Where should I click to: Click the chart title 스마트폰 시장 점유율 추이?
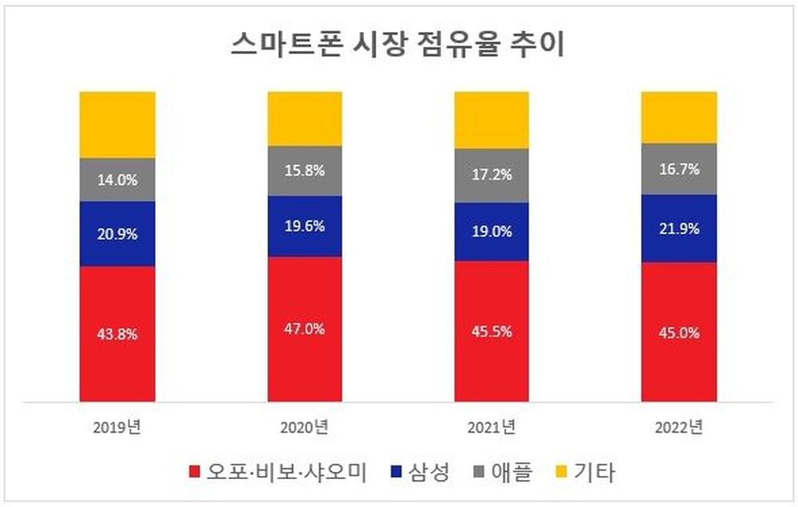pyautogui.click(x=397, y=45)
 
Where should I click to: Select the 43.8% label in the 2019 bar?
pyautogui.click(x=117, y=334)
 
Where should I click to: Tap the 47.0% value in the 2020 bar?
pyautogui.click(x=305, y=328)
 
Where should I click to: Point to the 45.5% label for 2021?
pyautogui.click(x=492, y=332)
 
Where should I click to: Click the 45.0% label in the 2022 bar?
pyautogui.click(x=679, y=332)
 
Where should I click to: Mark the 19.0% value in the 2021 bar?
pyautogui.click(x=492, y=231)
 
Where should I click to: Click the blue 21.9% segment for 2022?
pyautogui.click(x=679, y=229)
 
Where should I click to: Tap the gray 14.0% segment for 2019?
pyautogui.click(x=117, y=179)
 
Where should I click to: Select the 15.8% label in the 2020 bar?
pyautogui.click(x=305, y=171)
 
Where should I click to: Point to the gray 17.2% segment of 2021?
pyautogui.click(x=492, y=175)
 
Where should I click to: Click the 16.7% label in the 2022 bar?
pyautogui.click(x=679, y=169)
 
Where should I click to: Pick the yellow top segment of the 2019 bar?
pyautogui.click(x=117, y=124)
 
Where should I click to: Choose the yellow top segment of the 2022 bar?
pyautogui.click(x=679, y=117)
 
